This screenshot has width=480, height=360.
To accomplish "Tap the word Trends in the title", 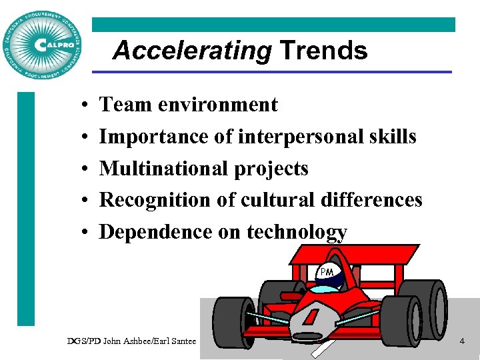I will pos(323,51).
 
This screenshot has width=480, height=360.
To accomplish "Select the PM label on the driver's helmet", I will pos(327,272).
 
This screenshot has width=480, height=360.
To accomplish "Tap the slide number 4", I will pos(461,341).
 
